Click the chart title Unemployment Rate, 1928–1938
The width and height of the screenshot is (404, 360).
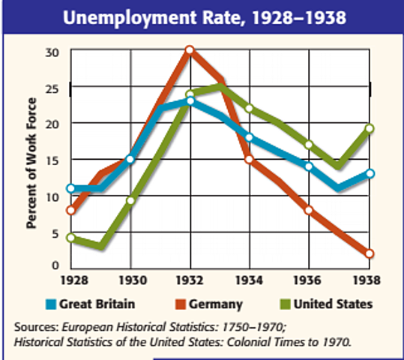(202, 16)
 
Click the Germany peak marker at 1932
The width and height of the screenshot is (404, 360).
(190, 50)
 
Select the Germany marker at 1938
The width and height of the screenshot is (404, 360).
(370, 253)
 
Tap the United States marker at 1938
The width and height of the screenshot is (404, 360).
(370, 128)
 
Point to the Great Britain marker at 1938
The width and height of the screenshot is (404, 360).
(370, 173)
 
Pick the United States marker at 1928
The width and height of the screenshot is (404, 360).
(70, 238)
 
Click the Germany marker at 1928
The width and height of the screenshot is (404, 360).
(70, 210)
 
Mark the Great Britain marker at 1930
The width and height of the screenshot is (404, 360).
(130, 159)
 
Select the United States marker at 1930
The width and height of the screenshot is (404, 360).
(130, 200)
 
